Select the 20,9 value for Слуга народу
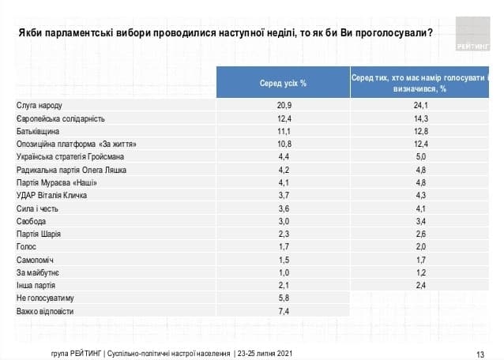(283, 105)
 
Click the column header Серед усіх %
(283, 83)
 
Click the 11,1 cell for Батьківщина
(283, 131)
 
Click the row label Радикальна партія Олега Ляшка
(71, 170)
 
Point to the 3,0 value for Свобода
(283, 222)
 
